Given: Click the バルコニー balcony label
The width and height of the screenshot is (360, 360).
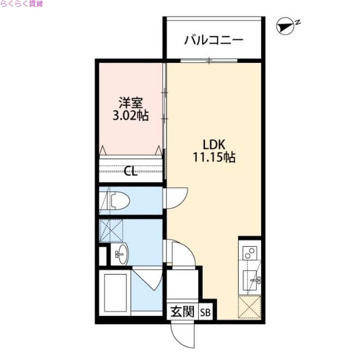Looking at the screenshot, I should coord(214,40).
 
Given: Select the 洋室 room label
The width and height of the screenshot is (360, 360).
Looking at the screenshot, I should coord(130,102).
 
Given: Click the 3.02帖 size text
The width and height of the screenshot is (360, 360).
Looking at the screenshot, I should coord(130,115).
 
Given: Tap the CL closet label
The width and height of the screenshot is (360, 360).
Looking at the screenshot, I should coord(130,171).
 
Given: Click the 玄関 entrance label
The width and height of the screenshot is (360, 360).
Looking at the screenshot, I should coord(182,311).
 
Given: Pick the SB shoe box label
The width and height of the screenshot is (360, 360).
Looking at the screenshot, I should coord(205,312).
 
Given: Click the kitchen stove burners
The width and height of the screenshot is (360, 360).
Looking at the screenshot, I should coord(249,253).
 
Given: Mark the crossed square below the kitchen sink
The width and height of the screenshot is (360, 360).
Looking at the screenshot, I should coord(250,307).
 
